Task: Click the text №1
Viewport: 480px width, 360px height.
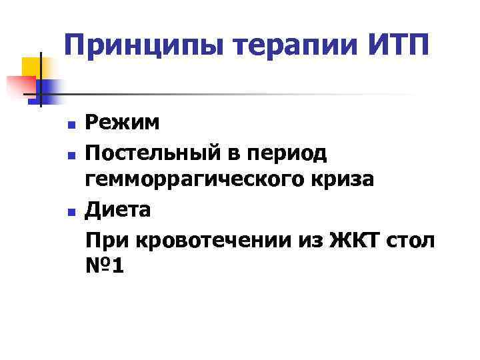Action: [x=104, y=267]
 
